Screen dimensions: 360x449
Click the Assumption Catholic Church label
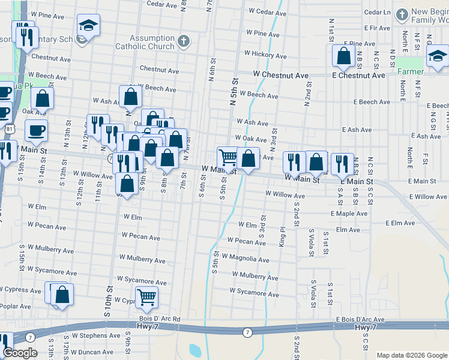(153, 42)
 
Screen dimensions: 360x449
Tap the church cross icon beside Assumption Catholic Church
(184, 41)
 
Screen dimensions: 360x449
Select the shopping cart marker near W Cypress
(146, 296)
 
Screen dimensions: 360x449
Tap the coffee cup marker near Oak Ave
(36, 130)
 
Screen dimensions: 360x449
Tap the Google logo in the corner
(20, 353)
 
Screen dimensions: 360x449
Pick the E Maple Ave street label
(349, 213)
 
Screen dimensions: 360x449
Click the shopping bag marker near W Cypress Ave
(62, 295)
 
